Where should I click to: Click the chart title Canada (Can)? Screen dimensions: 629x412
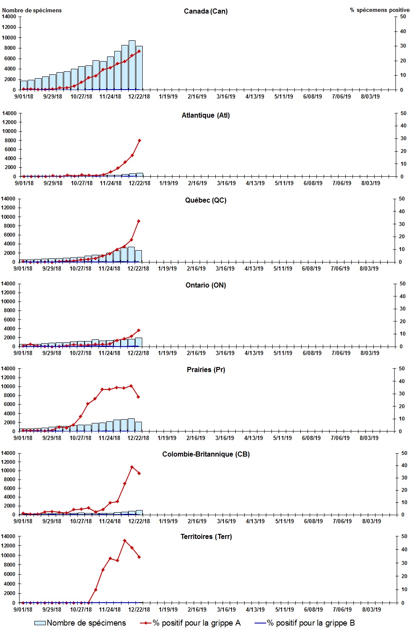[206, 11]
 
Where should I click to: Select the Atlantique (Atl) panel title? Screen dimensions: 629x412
[206, 115]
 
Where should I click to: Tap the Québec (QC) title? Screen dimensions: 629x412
[206, 200]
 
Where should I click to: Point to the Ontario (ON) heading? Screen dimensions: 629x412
[206, 285]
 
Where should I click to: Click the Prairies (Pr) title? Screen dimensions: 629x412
[206, 370]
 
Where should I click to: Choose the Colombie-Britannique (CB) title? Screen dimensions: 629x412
[206, 454]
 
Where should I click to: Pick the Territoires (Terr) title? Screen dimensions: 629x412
[206, 536]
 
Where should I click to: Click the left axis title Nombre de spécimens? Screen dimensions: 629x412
[32, 10]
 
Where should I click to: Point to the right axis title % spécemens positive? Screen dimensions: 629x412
[379, 10]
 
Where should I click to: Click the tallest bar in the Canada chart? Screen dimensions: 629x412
[132, 65]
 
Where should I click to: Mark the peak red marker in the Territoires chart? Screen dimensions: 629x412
[124, 541]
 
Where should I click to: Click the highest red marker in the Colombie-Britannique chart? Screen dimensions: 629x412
[132, 467]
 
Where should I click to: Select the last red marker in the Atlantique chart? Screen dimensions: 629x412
[139, 140]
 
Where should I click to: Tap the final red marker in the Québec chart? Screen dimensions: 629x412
[138, 221]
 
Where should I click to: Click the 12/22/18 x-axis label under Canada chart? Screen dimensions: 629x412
[139, 96]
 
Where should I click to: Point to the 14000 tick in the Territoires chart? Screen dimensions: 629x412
[8, 536]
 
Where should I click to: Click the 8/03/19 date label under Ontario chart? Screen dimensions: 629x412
[370, 353]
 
